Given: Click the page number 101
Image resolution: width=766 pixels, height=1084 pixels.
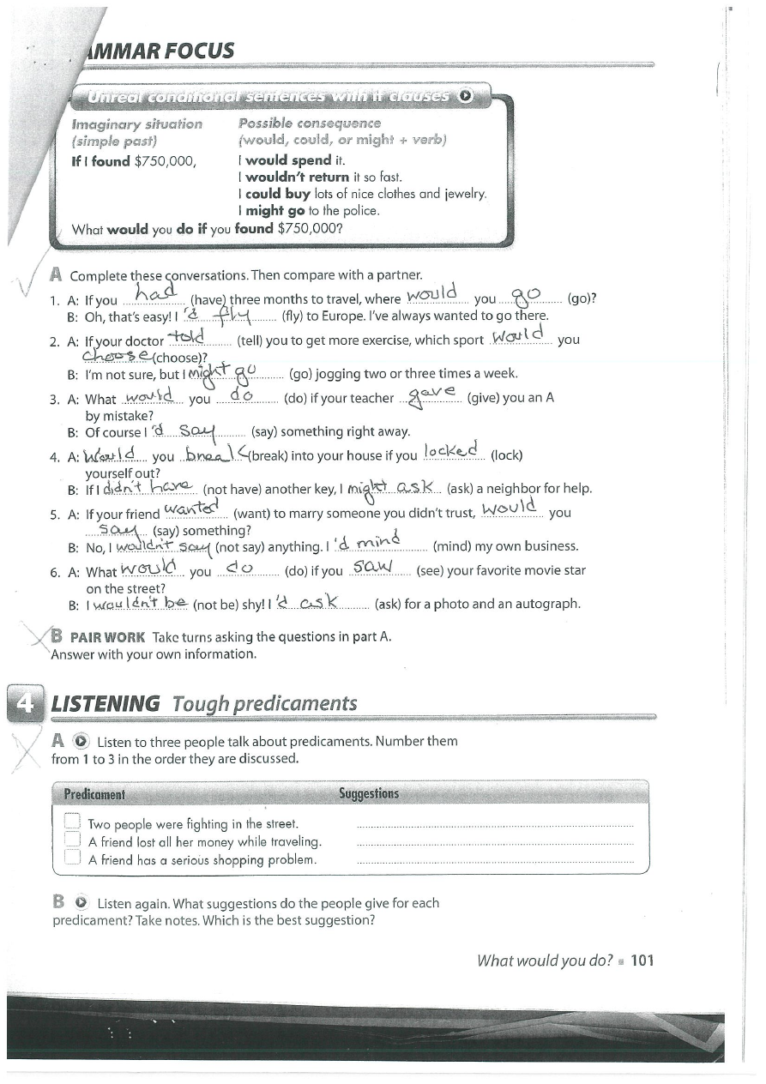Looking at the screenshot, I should click(x=642, y=961).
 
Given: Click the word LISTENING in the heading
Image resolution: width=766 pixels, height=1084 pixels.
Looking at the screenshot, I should click(x=106, y=704).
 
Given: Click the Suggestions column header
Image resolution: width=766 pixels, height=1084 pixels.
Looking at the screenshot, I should click(x=369, y=794).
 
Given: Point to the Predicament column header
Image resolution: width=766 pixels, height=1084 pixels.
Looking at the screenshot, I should click(x=94, y=794).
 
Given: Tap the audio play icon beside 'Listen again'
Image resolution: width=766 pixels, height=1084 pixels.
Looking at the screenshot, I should click(x=80, y=903).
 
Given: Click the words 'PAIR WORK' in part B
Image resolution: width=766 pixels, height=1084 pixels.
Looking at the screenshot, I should click(x=107, y=637).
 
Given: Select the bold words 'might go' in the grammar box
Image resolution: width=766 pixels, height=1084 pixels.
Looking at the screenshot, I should click(x=270, y=210).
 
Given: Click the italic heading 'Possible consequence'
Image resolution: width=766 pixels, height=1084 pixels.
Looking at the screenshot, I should click(x=298, y=123).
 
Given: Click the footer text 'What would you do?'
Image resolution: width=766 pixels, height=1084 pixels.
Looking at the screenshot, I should click(x=545, y=961).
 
